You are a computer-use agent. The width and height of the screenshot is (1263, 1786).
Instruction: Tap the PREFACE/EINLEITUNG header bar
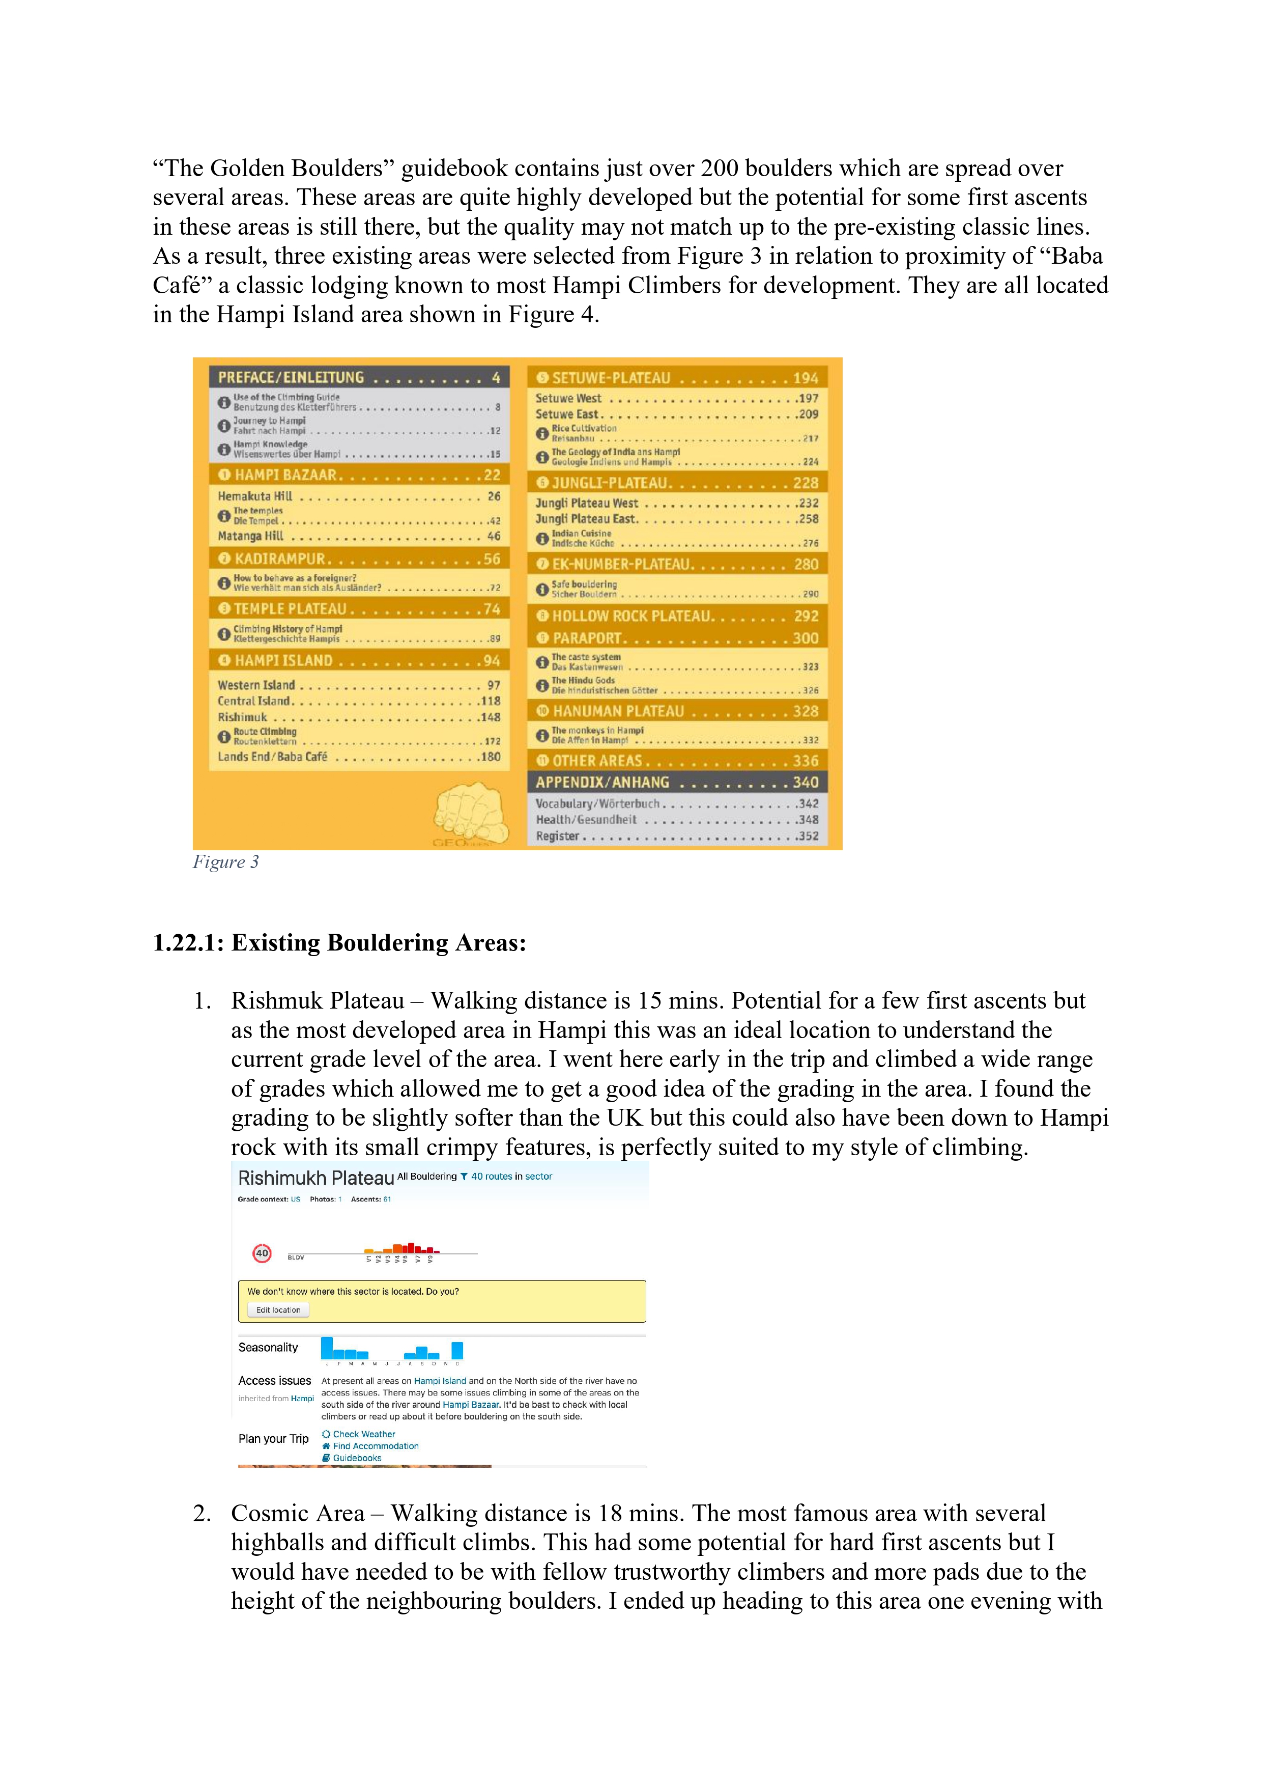click(291, 377)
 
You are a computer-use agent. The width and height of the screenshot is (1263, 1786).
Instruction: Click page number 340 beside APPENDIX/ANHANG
click(805, 782)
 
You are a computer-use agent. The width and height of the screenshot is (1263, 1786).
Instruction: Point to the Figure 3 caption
click(225, 862)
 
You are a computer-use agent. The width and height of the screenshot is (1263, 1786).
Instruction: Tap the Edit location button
click(278, 1310)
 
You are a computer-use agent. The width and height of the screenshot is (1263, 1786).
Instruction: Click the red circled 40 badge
click(262, 1253)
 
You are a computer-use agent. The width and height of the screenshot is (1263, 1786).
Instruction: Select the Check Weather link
click(363, 1434)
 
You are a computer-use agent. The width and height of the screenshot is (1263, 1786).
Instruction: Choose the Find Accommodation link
click(375, 1446)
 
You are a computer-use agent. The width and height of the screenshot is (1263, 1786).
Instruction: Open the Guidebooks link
click(356, 1458)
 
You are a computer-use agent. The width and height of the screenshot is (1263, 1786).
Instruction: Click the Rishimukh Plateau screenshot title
click(315, 1178)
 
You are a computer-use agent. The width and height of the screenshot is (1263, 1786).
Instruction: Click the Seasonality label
click(268, 1347)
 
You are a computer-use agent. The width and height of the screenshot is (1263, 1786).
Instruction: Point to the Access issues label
click(274, 1381)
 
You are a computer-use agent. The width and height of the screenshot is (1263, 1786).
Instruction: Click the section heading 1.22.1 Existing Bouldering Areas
click(340, 943)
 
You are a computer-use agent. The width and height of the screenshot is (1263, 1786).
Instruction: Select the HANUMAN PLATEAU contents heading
click(617, 711)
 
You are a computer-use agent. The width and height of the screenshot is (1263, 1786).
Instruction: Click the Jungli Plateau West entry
click(586, 504)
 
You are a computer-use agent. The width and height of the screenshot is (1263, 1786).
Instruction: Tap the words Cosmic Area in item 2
click(298, 1513)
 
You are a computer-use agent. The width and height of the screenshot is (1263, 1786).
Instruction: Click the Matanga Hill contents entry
click(250, 536)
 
